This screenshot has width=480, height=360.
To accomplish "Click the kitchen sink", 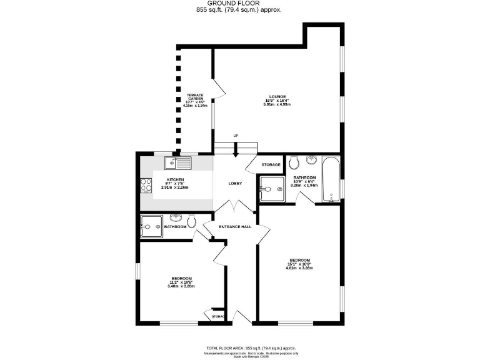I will [179, 164].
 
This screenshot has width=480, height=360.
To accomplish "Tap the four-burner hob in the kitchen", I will [146, 184].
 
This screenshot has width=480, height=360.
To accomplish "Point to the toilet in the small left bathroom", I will [192, 220].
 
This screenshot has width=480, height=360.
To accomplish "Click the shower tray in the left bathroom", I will [151, 226].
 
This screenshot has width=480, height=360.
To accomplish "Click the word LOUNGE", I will [277, 97].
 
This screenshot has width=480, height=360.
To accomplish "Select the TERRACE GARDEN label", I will [196, 97].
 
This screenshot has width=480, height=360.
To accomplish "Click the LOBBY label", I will [235, 183].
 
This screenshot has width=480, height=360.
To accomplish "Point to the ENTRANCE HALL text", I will [235, 226].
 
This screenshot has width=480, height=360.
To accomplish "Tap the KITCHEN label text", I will [166, 179].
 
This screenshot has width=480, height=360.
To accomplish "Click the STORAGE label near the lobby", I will [271, 164].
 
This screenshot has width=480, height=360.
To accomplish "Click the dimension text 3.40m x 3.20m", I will [181, 286].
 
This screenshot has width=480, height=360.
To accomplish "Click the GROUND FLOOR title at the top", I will [239, 4].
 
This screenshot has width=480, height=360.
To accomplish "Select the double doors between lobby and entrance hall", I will [235, 207].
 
